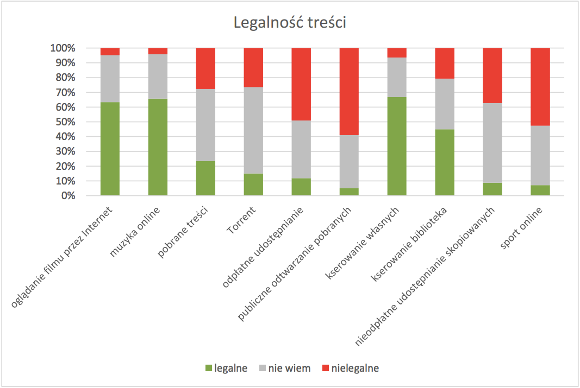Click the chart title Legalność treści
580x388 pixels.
(290, 23)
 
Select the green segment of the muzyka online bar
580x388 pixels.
(158, 147)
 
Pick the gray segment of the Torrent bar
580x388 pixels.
(253, 130)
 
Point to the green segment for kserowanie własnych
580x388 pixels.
(397, 146)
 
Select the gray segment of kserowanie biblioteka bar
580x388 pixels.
(445, 104)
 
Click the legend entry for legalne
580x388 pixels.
(226, 368)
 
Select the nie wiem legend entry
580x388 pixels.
(283, 368)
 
